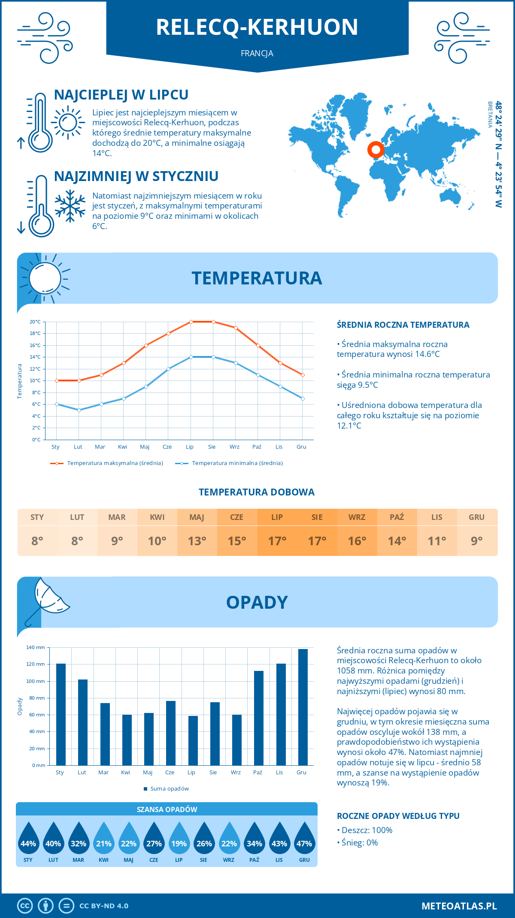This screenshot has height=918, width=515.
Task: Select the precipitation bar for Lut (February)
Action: click(x=83, y=722)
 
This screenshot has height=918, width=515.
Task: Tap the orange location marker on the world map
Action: click(x=376, y=150)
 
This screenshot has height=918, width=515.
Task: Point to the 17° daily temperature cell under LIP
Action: click(x=277, y=541)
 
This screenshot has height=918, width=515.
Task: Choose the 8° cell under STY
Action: click(x=37, y=541)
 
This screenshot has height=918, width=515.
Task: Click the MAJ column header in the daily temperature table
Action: click(x=197, y=517)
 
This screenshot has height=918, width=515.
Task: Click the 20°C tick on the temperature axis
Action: click(x=35, y=322)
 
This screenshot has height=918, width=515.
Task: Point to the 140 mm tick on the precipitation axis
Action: click(x=36, y=647)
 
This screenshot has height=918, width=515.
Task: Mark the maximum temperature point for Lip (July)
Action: click(x=191, y=322)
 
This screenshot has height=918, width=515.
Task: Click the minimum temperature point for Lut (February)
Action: click(x=79, y=410)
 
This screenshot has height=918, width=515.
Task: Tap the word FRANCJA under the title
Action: click(x=257, y=53)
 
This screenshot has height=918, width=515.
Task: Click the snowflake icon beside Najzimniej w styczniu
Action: click(x=70, y=206)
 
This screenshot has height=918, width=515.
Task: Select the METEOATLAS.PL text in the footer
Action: click(x=459, y=906)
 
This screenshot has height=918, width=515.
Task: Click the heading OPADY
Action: click(x=257, y=602)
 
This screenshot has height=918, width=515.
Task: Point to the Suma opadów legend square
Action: click(x=145, y=789)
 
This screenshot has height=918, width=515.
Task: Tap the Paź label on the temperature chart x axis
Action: click(x=257, y=447)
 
